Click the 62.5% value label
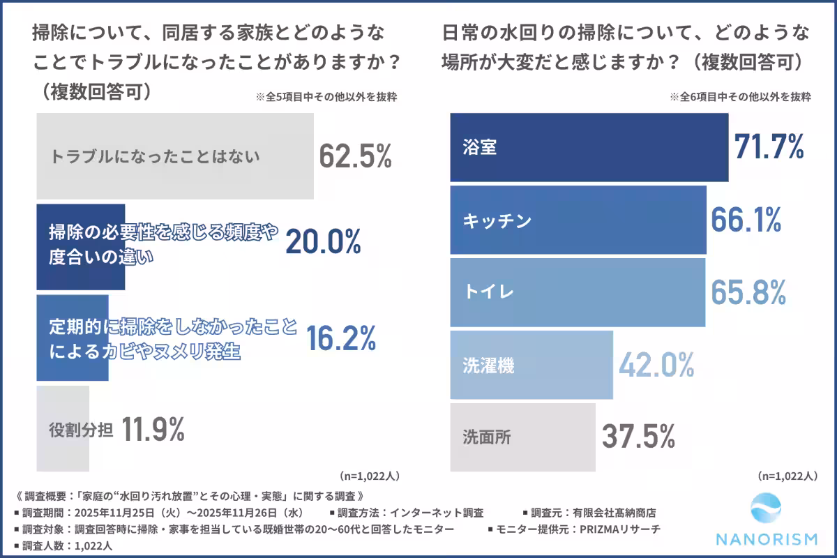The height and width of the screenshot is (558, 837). point(356,156)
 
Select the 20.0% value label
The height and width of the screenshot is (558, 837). point(323,241)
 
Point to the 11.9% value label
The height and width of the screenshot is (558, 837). point(153,430)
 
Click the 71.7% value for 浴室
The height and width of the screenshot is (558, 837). point(769,146)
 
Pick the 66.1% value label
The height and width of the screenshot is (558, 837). point(746,220)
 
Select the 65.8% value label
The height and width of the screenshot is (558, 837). point(748,292)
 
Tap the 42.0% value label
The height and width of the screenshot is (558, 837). point(656,364)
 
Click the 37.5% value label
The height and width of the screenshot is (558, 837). point(638,437)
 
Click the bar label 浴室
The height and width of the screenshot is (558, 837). point(480,148)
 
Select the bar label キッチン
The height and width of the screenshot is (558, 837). point(497,221)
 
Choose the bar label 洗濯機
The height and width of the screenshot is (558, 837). point(488,365)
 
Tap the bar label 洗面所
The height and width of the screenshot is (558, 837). point(488,437)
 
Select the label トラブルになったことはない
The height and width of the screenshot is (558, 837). point(155,157)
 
